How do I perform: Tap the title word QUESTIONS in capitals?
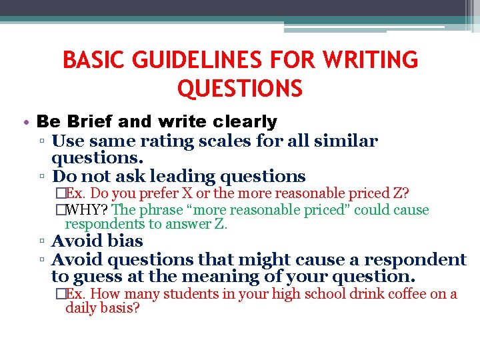(x=240, y=88)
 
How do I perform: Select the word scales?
(x=222, y=141)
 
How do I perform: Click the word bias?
(x=127, y=241)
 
